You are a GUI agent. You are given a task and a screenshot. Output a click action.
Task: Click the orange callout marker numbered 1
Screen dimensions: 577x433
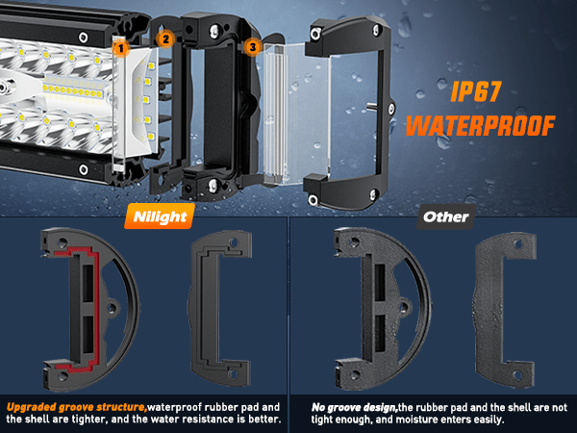121,48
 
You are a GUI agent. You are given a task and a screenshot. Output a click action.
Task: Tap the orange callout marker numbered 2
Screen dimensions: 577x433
165,38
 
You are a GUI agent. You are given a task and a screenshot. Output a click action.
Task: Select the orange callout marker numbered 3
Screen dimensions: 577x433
252,47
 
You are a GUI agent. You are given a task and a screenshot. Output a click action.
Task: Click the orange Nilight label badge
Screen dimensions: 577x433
160,216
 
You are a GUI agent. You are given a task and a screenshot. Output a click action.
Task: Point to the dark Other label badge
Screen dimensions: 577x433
446,216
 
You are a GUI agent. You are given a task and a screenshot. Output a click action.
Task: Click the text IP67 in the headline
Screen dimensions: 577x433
475,91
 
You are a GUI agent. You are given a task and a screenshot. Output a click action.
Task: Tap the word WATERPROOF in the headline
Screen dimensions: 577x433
480,125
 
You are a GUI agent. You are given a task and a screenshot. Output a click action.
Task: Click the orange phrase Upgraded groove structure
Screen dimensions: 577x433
77,407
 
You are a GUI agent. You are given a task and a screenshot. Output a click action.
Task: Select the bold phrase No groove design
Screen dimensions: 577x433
354,407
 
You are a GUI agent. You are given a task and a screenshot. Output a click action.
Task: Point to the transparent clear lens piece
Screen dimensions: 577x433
290,115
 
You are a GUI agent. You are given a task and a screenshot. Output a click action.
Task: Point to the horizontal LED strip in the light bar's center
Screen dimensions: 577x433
74,90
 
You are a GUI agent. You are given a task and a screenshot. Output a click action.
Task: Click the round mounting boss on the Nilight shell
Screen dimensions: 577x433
112,308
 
